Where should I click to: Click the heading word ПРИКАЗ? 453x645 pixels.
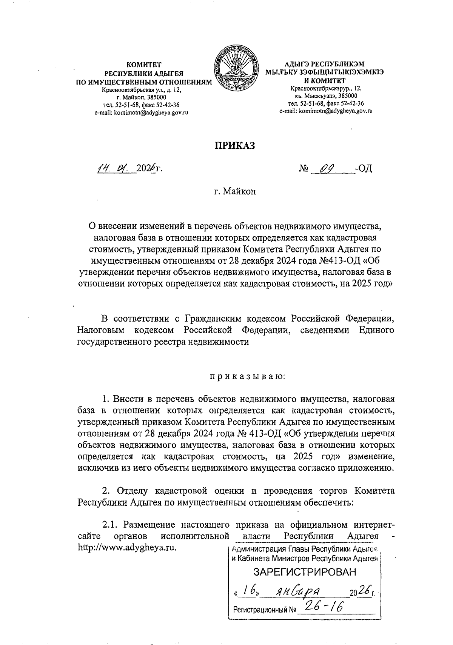(235, 145)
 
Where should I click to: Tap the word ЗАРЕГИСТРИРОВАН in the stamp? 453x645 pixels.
(305, 572)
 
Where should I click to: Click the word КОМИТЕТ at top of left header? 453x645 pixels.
(144, 65)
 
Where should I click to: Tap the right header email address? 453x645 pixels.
(326, 111)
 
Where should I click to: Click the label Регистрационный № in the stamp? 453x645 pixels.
(264, 609)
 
